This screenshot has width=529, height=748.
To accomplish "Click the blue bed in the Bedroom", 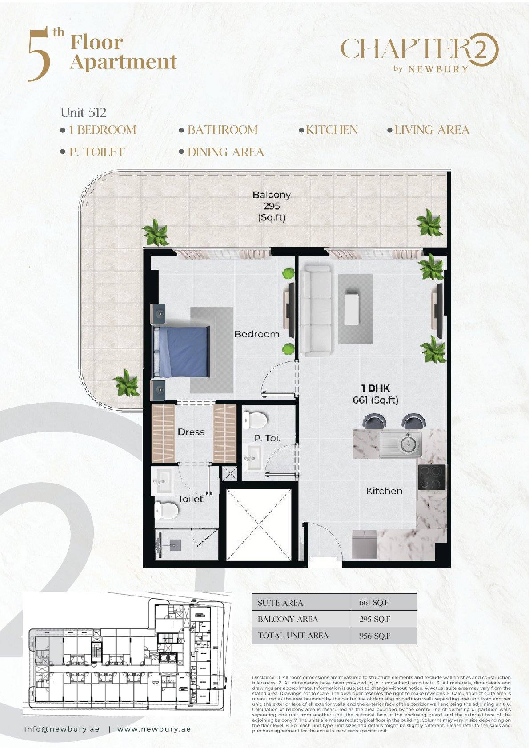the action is click(x=181, y=352).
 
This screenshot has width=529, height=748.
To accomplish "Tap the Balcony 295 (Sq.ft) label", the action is click(x=272, y=206).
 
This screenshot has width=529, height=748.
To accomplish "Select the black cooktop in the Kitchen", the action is click(x=432, y=477).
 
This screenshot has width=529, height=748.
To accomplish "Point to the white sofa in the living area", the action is click(x=316, y=309).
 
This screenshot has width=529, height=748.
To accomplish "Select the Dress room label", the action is click(x=191, y=432).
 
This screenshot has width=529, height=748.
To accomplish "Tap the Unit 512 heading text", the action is click(x=84, y=112).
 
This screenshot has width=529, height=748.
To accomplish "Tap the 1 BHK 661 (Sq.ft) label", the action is click(x=375, y=394).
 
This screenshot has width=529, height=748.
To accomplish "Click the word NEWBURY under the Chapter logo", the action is click(x=438, y=69).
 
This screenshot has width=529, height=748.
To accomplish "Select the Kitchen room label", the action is click(x=384, y=491).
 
